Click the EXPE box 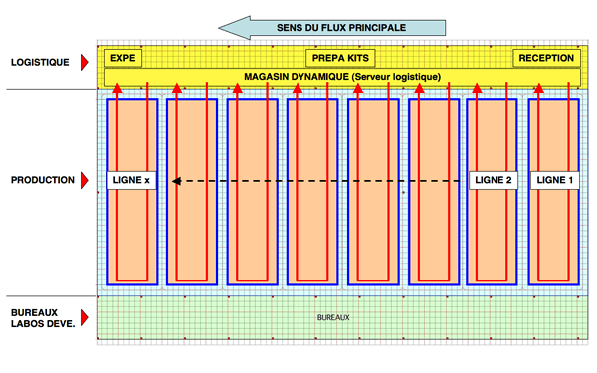[123, 58]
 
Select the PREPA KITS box [340, 58]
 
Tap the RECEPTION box [546, 58]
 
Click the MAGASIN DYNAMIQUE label [342, 77]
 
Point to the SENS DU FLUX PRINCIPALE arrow [332, 28]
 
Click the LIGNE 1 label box [555, 180]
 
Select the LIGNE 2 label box [494, 180]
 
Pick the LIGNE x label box [131, 180]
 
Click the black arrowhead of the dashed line [176, 181]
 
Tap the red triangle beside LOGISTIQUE [85, 62]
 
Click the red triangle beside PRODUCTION [85, 180]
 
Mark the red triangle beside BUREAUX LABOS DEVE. [85, 317]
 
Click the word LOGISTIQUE [40, 62]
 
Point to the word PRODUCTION [43, 180]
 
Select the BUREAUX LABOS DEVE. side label [43, 318]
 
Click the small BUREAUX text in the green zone [333, 318]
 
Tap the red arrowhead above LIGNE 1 [538, 89]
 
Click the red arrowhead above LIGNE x [118, 89]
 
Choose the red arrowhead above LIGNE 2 [477, 89]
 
